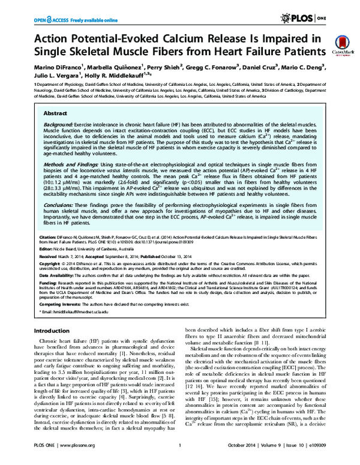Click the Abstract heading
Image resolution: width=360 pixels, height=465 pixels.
click(x=55, y=112)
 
